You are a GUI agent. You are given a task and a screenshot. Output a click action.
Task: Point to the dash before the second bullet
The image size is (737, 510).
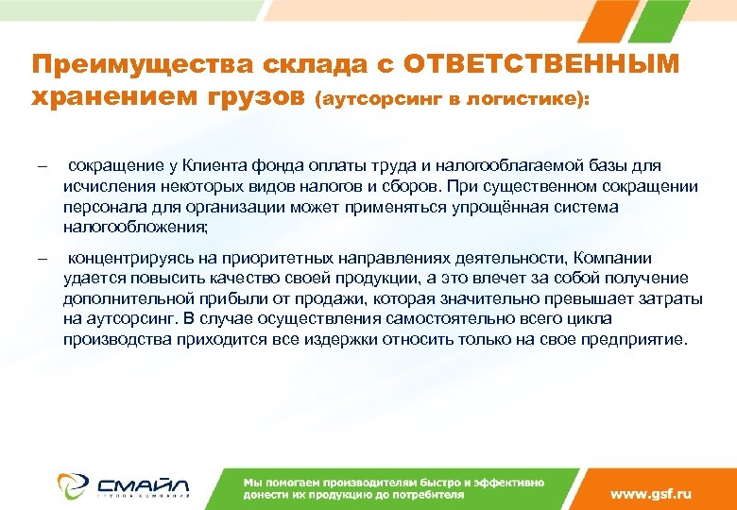42,259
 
